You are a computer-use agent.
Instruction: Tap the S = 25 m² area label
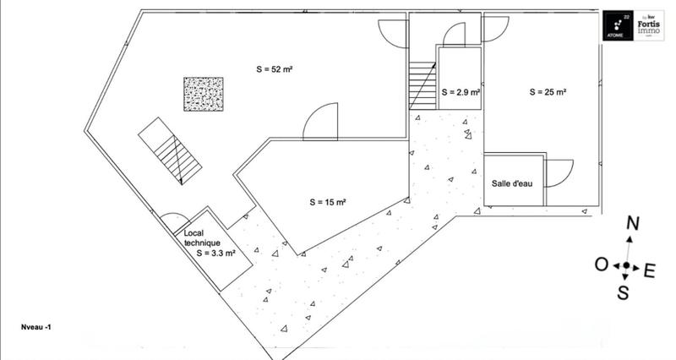(x=548, y=91)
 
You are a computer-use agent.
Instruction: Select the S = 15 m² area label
(x=330, y=202)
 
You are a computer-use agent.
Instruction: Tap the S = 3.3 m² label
(x=215, y=251)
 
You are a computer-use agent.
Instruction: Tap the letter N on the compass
(x=631, y=224)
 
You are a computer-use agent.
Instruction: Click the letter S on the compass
(x=623, y=293)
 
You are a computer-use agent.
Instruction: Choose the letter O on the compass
(x=601, y=266)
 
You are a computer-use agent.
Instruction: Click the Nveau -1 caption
(x=41, y=325)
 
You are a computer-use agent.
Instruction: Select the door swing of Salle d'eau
(x=558, y=173)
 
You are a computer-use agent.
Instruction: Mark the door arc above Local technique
(x=175, y=221)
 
